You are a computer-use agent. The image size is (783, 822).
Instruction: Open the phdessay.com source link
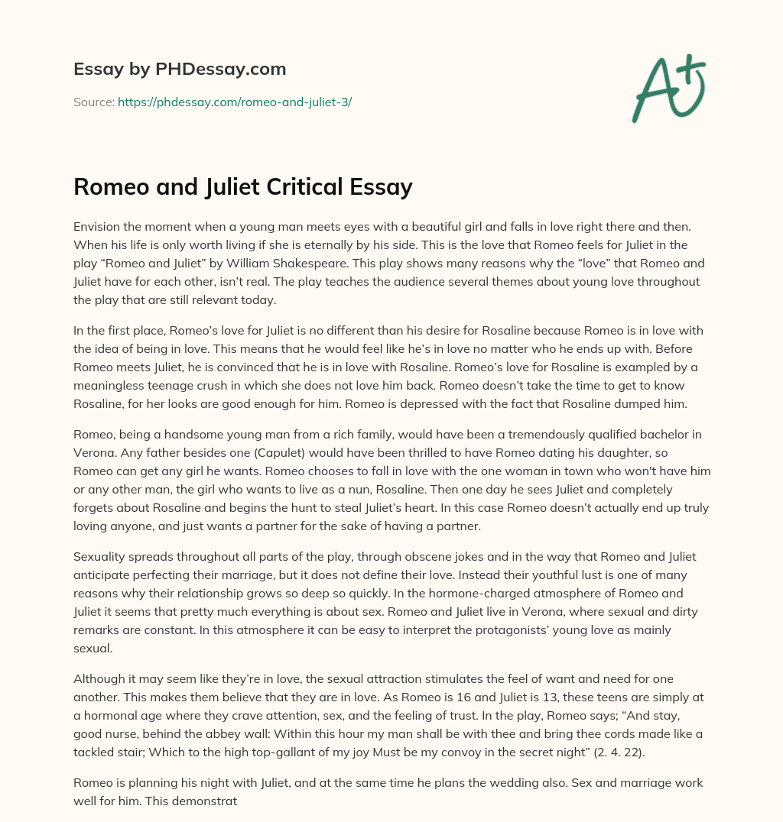tap(234, 102)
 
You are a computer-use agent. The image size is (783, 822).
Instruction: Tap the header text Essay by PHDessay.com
tap(180, 70)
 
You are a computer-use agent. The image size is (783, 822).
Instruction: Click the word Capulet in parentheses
tap(273, 453)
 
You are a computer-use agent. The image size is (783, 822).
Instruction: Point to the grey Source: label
tap(94, 102)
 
